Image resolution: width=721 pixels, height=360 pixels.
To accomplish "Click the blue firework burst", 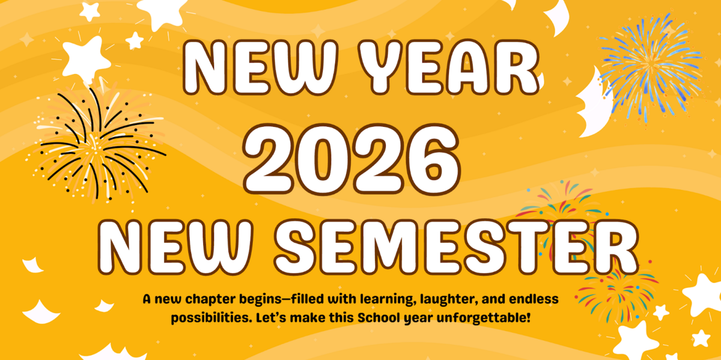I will (x=649, y=63).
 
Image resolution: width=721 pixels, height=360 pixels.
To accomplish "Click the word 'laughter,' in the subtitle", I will (x=415, y=299).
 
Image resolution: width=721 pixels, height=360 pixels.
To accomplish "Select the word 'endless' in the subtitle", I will (x=520, y=299).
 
